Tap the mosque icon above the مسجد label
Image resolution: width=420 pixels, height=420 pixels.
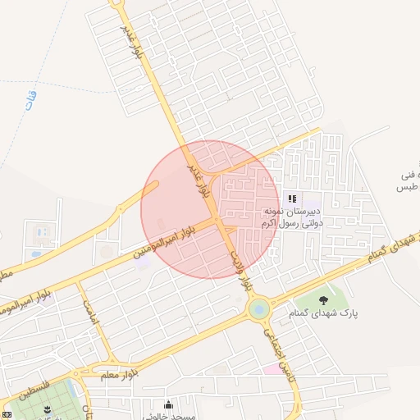(168, 404)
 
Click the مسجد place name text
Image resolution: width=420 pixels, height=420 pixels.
(176, 416)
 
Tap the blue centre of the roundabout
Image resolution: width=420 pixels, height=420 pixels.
(258, 309)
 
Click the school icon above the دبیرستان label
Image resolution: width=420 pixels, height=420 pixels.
(292, 199)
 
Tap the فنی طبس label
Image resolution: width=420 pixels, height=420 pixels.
(407, 181)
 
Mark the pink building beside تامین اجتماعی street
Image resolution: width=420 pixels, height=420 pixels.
(272, 367)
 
